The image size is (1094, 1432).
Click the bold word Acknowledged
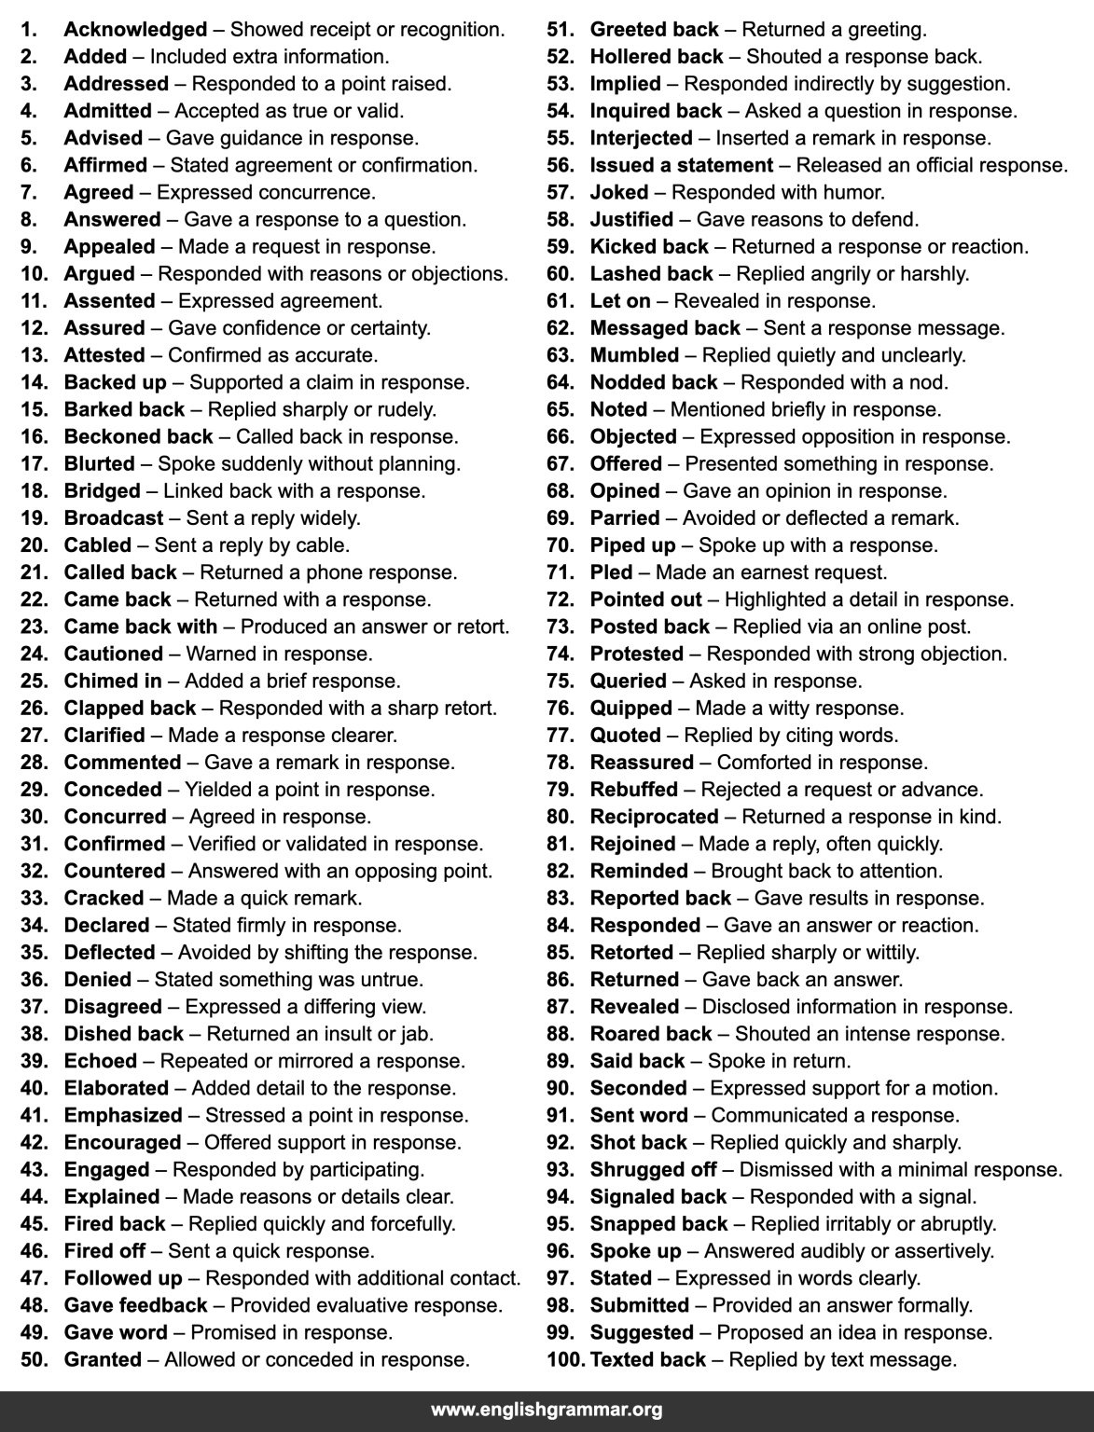(x=135, y=30)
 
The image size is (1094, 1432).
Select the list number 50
(x=34, y=1360)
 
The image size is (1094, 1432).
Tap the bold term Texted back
(x=648, y=1360)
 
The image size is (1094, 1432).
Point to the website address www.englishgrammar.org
(x=547, y=1409)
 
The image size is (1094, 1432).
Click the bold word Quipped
(x=630, y=709)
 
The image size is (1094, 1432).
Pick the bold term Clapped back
(x=130, y=709)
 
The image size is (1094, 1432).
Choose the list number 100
(x=564, y=1360)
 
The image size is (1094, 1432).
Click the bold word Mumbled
(x=634, y=355)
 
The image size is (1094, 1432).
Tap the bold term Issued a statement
(x=681, y=165)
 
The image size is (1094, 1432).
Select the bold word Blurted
(x=99, y=463)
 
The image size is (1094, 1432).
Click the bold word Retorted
(x=631, y=953)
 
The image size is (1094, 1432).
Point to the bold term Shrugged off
(x=653, y=1170)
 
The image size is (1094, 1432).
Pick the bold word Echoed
(x=100, y=1062)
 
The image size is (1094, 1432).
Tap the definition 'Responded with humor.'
(x=778, y=193)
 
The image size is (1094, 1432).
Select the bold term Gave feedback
(x=135, y=1306)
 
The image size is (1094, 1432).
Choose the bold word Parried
(x=624, y=518)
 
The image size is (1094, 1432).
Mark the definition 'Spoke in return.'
(x=779, y=1062)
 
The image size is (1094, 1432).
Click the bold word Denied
(x=97, y=980)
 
